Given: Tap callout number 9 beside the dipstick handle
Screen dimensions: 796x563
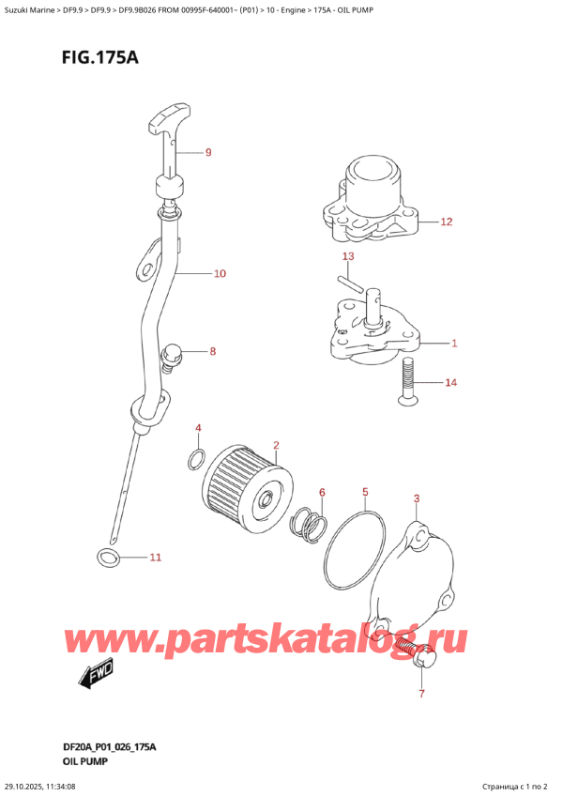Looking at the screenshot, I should pyautogui.click(x=208, y=152).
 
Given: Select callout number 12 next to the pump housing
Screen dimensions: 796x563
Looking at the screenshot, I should pyautogui.click(x=447, y=222).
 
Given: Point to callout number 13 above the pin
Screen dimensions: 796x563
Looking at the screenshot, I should pyautogui.click(x=347, y=256).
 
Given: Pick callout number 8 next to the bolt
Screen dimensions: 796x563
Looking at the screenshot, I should pyautogui.click(x=213, y=353).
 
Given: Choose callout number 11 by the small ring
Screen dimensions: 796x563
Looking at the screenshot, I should pyautogui.click(x=156, y=558).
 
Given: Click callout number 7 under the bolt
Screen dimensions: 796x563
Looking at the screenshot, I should pyautogui.click(x=421, y=695).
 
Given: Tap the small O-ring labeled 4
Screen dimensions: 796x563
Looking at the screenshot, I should pyautogui.click(x=195, y=459).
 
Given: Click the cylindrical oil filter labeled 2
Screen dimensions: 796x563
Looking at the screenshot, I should pyautogui.click(x=246, y=487).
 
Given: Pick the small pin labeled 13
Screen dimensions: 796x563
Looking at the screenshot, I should pyautogui.click(x=349, y=280).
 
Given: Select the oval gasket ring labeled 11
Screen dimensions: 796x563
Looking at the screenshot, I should pyautogui.click(x=109, y=559).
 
